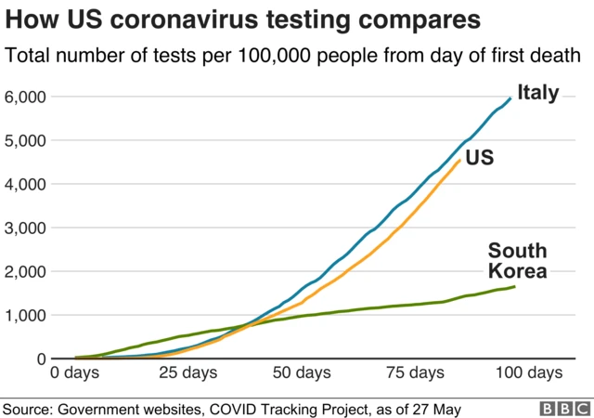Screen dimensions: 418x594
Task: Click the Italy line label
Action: [x=538, y=93]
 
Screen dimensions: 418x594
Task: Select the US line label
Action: [x=479, y=158]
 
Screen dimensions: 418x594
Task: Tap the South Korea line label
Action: [x=517, y=261]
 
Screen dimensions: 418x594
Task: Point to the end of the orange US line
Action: [x=459, y=160]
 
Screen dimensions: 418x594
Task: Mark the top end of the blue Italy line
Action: [x=510, y=98]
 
